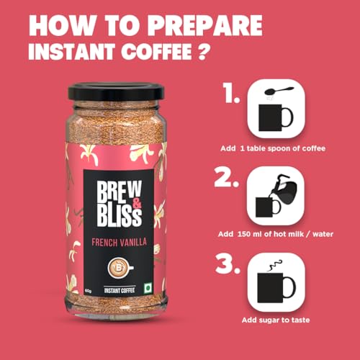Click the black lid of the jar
(118, 91)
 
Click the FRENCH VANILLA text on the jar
(118, 243)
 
